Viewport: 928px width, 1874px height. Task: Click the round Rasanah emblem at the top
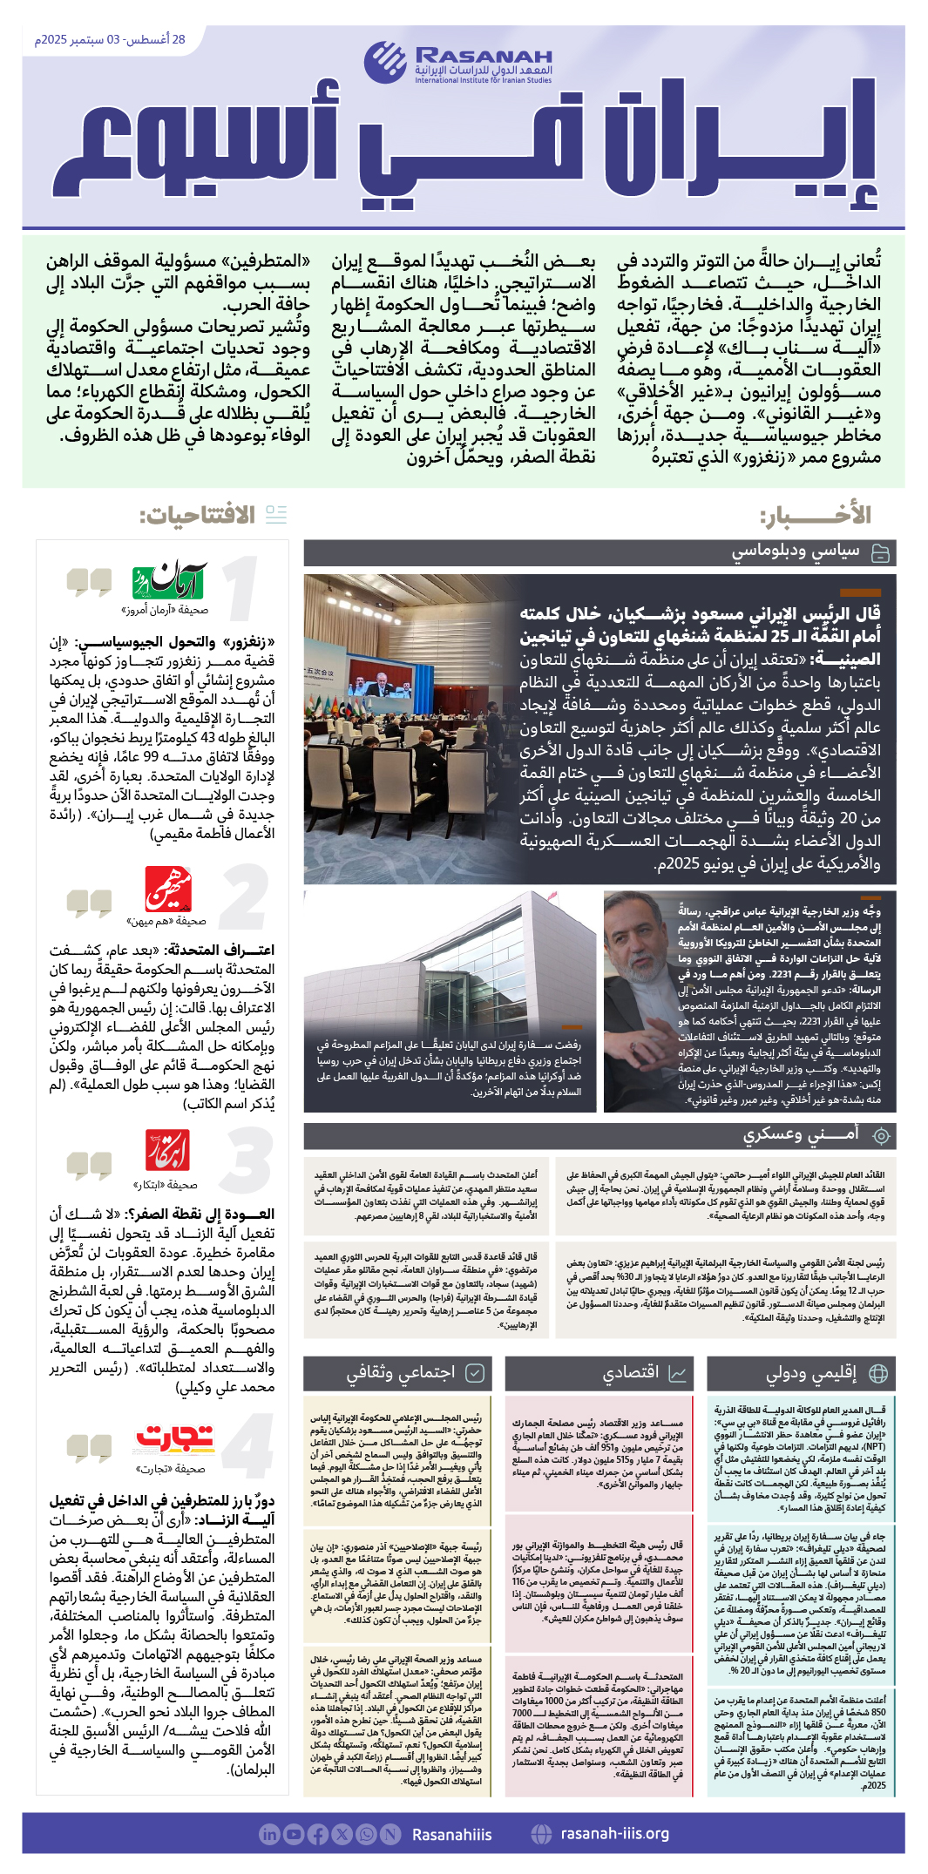coord(385,61)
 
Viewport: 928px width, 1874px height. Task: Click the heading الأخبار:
coord(815,515)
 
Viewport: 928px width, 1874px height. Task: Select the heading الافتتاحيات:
coord(198,515)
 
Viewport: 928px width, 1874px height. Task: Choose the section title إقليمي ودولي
coord(810,1373)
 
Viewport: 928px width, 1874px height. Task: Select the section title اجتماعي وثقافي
coord(400,1373)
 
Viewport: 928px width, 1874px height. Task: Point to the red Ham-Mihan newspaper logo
coord(168,889)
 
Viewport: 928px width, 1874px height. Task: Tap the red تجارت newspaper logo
coord(174,1438)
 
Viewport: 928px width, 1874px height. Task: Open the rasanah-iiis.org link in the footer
coord(614,1833)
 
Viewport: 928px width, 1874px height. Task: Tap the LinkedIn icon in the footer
coord(269,1834)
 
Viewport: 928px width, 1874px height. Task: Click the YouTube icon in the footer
coord(294,1834)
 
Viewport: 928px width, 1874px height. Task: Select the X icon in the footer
coord(342,1834)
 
